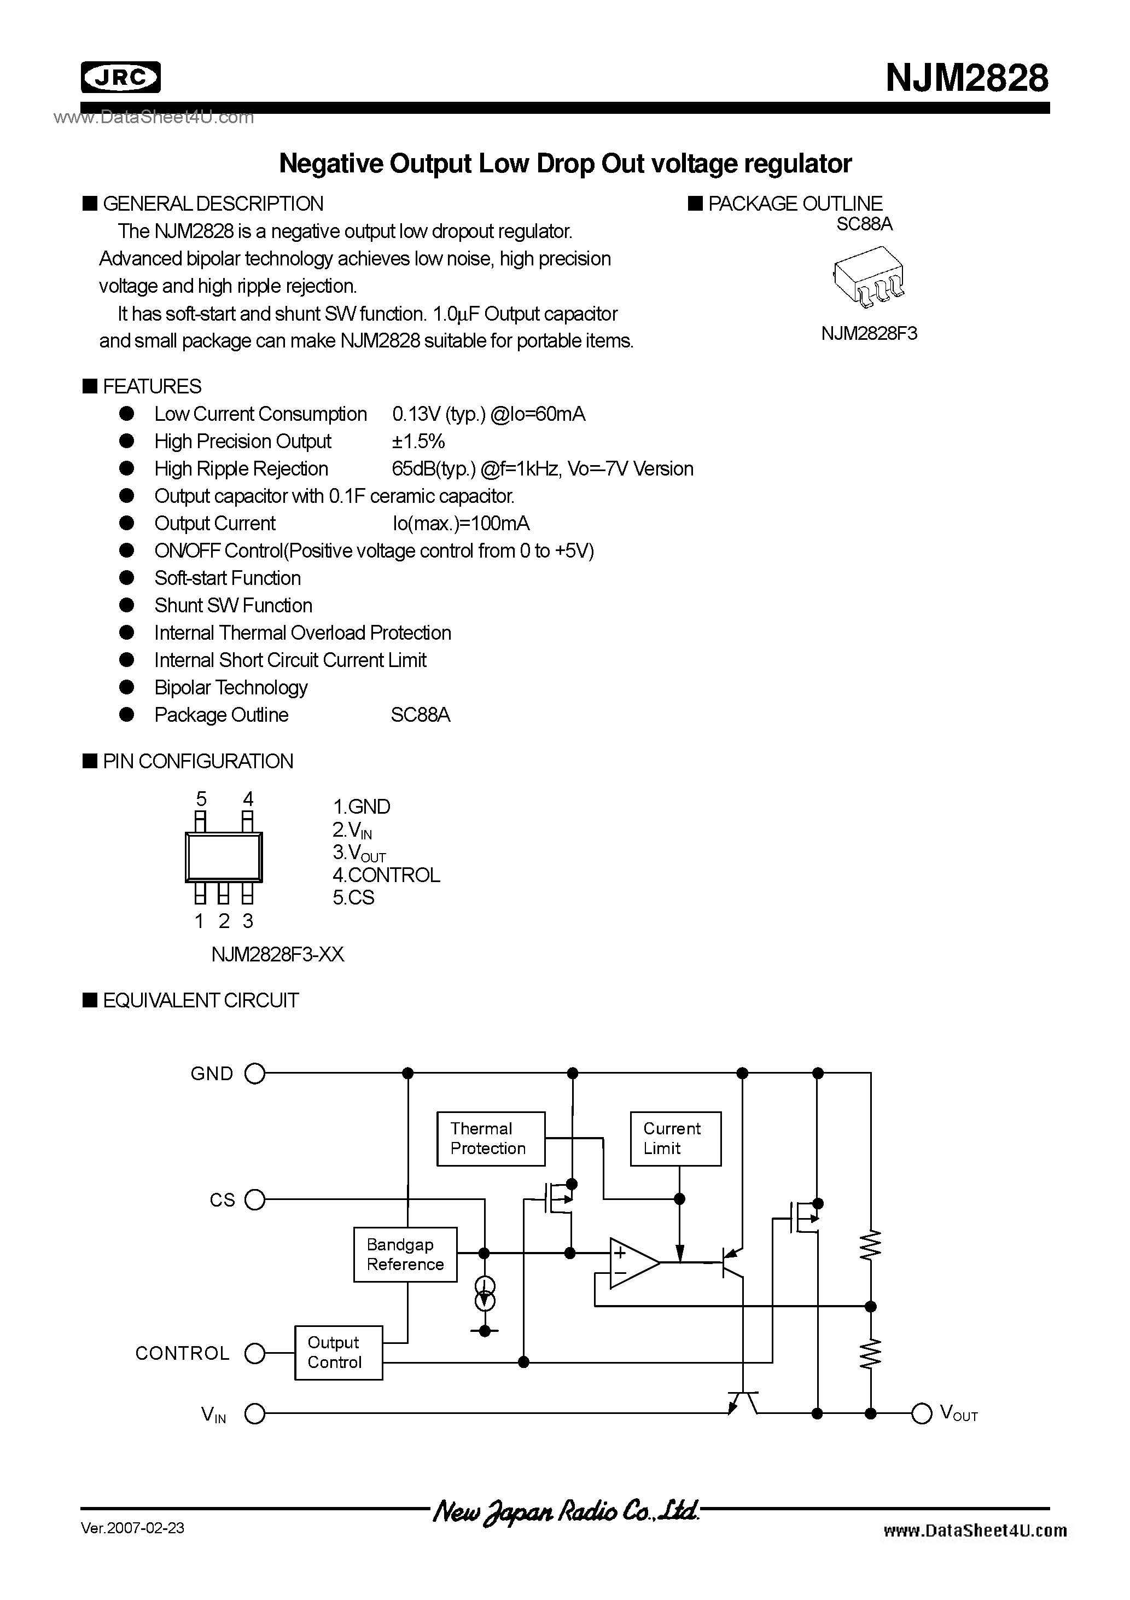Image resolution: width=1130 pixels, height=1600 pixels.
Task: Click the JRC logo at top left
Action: coord(120,77)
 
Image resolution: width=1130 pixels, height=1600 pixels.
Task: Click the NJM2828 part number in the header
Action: coord(966,78)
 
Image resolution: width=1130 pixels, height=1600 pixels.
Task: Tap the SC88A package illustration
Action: coord(869,277)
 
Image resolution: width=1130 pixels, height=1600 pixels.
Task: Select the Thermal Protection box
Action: coord(491,1139)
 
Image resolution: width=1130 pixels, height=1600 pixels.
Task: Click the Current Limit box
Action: coord(675,1139)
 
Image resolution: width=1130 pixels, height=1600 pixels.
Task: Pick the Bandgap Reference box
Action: coord(405,1254)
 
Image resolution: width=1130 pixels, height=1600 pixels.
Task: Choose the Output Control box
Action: coord(338,1353)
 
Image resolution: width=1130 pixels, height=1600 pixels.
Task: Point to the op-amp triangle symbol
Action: coord(631,1263)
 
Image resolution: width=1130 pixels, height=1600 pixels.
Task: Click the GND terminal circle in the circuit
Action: coord(255,1074)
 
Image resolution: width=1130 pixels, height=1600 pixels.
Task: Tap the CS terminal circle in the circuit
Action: coord(255,1200)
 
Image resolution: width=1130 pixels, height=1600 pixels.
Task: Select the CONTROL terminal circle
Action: coord(255,1353)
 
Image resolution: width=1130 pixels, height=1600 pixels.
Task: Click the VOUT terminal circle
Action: coord(922,1413)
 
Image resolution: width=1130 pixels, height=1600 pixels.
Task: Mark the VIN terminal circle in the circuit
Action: coord(255,1414)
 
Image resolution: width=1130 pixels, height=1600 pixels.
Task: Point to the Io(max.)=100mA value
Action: coord(461,523)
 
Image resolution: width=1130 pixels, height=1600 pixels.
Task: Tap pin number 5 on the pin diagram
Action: coord(201,798)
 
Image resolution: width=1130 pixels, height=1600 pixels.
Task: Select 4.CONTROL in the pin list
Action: coord(387,876)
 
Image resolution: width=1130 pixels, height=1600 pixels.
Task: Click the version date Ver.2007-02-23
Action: coord(132,1528)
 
